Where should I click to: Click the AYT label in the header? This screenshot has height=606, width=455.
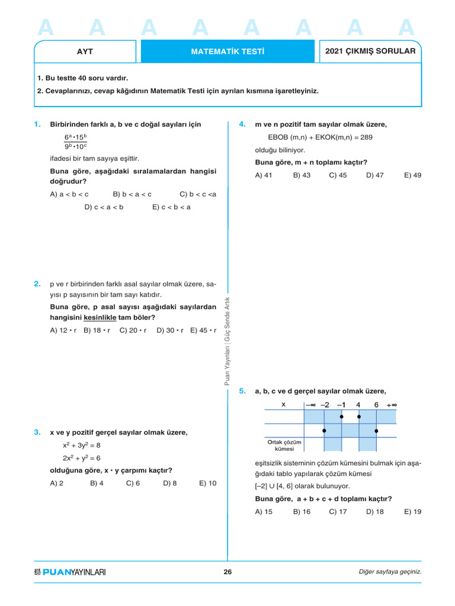85,51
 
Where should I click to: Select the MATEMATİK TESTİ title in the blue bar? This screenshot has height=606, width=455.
227,51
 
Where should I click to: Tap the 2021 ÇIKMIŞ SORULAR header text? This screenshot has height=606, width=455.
370,51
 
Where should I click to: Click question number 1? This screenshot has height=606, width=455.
37,124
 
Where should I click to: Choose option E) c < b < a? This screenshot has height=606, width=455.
171,207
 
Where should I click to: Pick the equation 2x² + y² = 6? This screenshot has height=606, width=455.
82,458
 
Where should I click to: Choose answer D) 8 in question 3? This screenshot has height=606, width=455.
170,483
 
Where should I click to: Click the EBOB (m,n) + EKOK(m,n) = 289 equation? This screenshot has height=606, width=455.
321,137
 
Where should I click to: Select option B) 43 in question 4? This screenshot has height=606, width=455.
302,175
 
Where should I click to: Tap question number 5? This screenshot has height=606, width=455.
242,391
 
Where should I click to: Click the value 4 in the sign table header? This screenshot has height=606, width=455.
358,405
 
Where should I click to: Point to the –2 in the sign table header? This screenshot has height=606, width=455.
325,405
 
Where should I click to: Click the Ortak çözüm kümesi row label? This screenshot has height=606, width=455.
284,445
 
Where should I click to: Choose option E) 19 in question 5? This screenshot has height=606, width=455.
412,512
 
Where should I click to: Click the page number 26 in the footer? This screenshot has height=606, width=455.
227,572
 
